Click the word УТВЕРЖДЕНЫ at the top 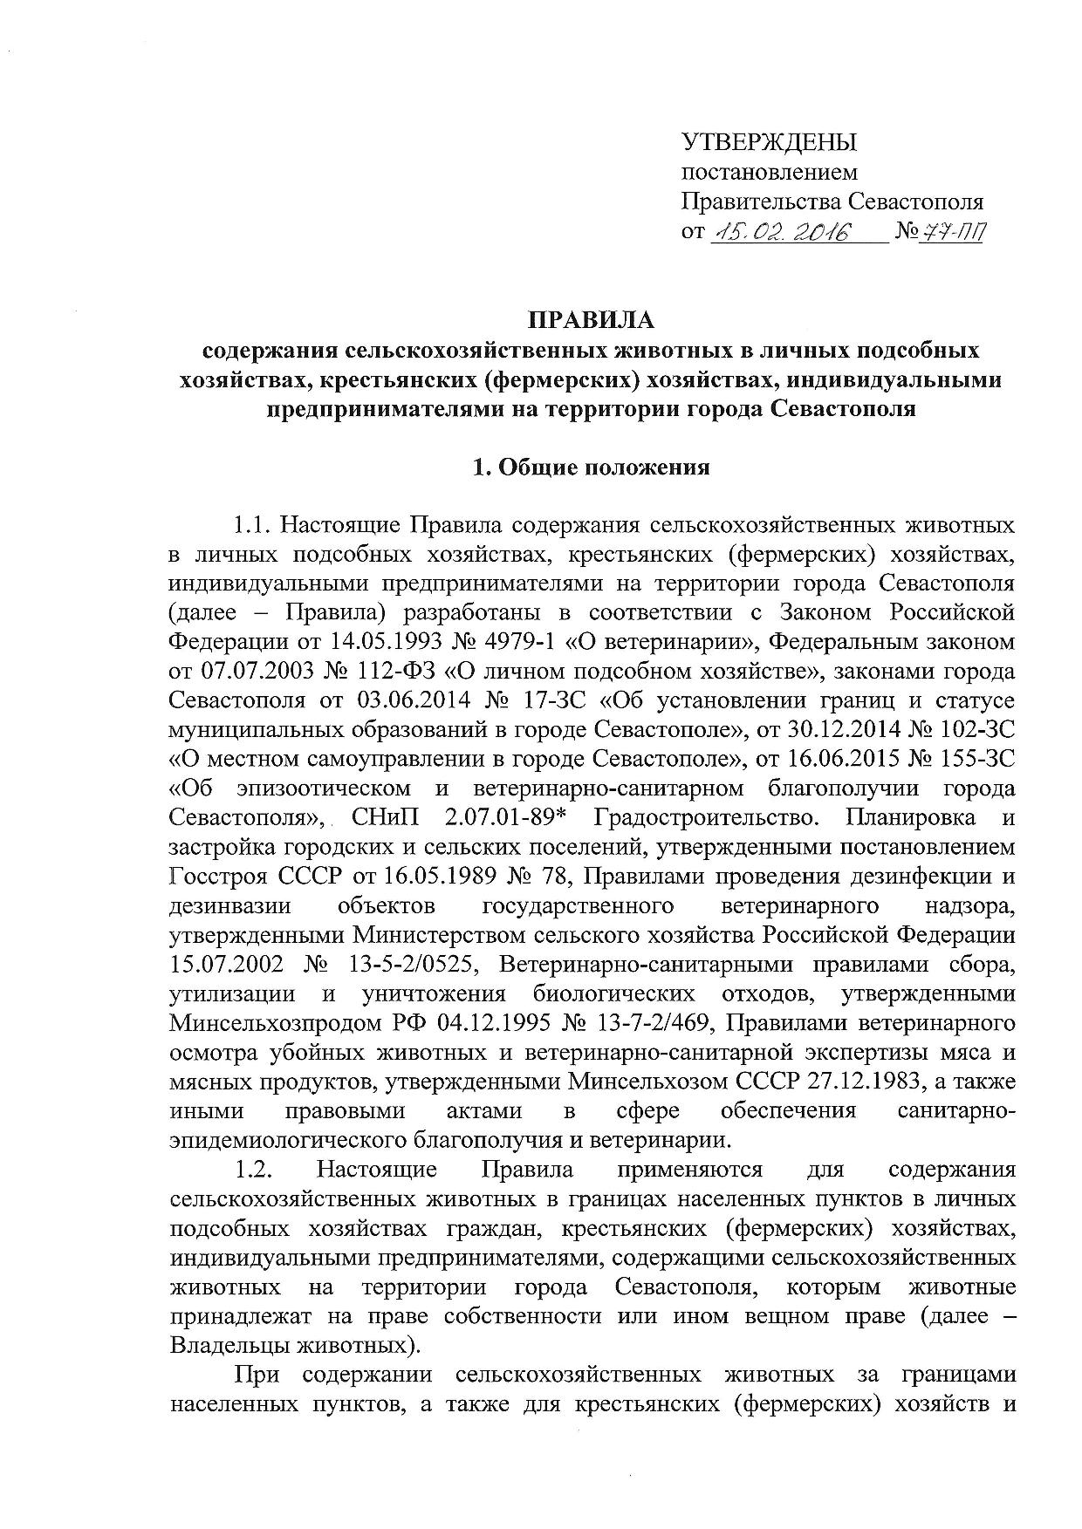pyautogui.click(x=768, y=143)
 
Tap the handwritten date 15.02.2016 pyautogui.click(x=782, y=232)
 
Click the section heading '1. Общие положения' pyautogui.click(x=591, y=468)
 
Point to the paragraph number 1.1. pyautogui.click(x=254, y=526)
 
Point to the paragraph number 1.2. pyautogui.click(x=254, y=1169)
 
